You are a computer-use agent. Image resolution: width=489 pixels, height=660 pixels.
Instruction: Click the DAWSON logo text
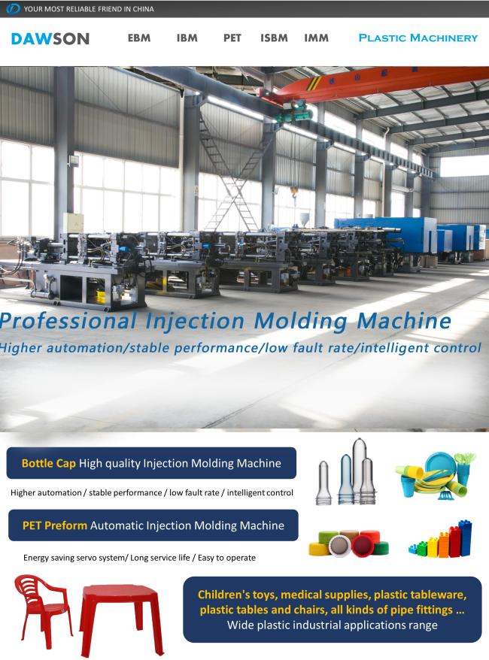50,39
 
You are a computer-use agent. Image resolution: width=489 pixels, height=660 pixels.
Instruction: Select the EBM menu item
139,38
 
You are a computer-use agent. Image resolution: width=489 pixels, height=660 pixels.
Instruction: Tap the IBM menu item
187,38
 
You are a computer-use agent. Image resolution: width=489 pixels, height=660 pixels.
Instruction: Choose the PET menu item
232,38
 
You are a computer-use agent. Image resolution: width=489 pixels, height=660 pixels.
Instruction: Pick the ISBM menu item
274,38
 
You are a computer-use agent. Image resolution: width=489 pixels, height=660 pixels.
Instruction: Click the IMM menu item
316,38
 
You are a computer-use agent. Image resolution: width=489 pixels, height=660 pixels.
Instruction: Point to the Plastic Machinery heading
418,38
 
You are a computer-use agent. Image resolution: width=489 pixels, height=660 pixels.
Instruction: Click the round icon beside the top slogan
13,8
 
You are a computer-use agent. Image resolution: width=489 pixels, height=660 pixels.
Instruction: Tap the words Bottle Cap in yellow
48,463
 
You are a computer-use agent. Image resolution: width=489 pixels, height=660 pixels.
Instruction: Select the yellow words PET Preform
55,525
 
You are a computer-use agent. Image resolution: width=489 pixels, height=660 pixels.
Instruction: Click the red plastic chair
42,610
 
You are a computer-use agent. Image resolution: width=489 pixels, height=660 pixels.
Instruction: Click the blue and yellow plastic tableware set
435,476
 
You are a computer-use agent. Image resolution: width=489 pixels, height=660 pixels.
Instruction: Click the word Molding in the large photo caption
301,322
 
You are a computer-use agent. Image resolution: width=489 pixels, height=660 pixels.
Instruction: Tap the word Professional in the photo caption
68,321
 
